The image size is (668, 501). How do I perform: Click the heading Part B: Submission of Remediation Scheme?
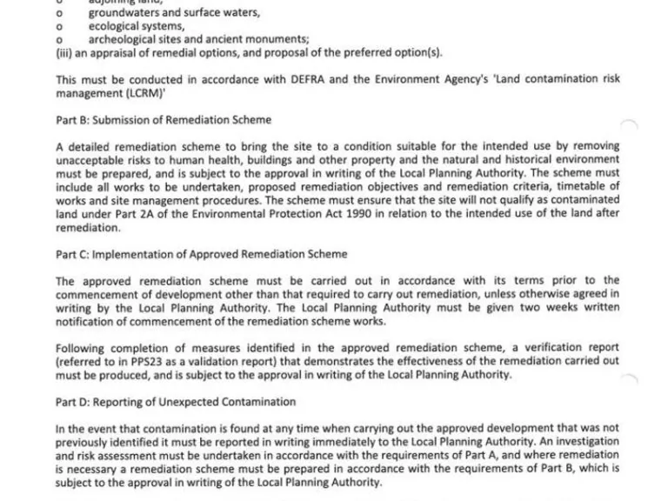164,120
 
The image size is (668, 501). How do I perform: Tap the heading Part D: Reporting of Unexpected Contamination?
176,402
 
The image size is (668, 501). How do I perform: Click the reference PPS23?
127,362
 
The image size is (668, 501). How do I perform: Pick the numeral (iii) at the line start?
62,52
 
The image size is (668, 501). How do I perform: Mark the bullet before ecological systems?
58,26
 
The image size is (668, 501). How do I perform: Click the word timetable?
584,186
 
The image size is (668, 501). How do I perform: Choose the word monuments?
279,39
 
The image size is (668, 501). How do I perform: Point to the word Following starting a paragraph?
82,348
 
